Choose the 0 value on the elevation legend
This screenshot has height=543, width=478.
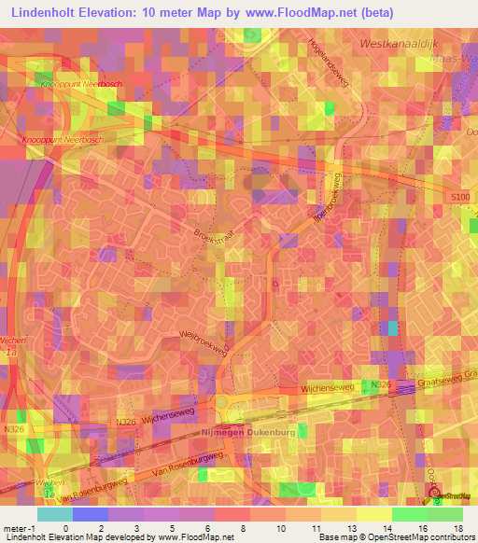click(65, 527)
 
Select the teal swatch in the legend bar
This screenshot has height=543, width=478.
click(54, 514)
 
